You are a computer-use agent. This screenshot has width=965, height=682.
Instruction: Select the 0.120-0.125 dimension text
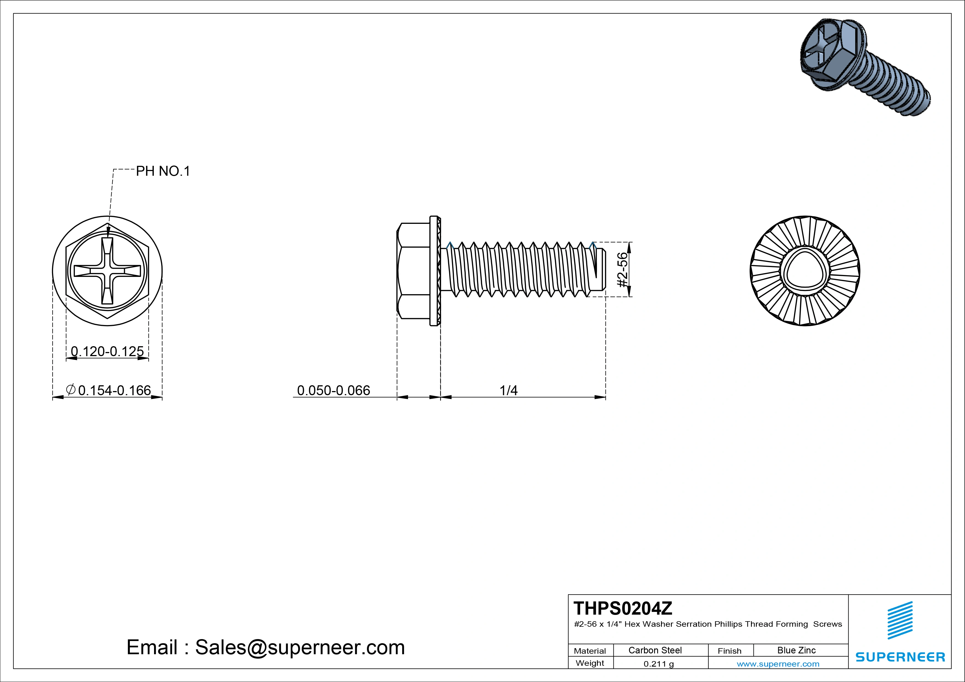[107, 351]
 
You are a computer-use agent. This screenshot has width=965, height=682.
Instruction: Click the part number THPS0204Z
[623, 608]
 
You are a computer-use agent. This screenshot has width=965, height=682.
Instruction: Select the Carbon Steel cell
[655, 650]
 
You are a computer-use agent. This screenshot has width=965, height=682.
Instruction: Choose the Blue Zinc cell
[796, 650]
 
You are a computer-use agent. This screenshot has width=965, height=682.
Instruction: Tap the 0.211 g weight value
[659, 664]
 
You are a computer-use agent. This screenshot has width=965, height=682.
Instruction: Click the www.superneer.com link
[778, 664]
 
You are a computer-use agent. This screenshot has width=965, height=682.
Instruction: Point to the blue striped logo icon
[900, 620]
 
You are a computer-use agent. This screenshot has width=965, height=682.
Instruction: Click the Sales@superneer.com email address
[300, 647]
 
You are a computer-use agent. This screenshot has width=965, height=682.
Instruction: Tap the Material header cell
[590, 650]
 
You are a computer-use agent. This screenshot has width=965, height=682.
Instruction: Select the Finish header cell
[730, 650]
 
